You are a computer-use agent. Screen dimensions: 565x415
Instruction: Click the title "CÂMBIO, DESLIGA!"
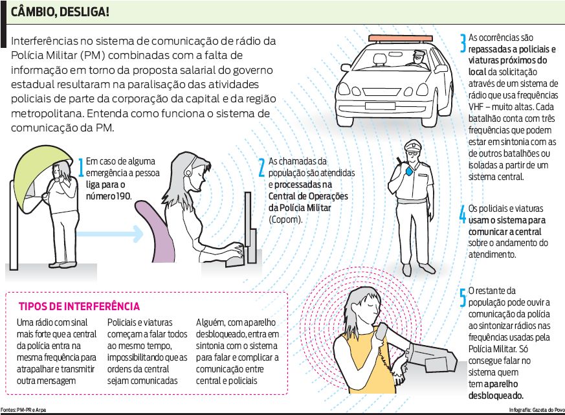60,12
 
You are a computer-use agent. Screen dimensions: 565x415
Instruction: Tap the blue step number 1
82,167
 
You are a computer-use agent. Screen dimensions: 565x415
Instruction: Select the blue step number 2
262,167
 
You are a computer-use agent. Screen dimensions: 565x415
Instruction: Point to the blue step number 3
463,43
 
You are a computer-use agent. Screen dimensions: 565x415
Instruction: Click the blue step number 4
463,214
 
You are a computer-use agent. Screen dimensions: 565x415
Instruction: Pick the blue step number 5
463,297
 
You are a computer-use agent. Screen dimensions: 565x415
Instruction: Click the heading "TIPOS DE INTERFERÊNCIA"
79,306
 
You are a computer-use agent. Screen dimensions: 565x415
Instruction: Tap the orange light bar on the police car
401,38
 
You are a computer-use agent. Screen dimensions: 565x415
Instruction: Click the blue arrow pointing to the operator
110,234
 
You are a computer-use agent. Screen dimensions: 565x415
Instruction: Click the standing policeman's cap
413,146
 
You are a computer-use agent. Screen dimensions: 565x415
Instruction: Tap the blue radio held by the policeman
409,171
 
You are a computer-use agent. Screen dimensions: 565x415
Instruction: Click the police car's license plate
380,106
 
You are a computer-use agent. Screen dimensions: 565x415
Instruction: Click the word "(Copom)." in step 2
285,219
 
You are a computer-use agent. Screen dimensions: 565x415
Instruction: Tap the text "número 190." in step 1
109,196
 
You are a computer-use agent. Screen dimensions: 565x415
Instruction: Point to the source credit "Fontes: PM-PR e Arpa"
23,410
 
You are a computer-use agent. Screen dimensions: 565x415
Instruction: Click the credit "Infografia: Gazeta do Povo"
537,410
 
